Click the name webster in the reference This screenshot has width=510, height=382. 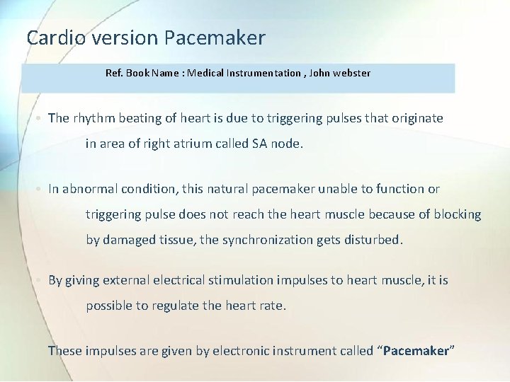click(349, 73)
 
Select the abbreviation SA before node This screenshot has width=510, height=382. click(260, 144)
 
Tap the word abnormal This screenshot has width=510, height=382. click(93, 189)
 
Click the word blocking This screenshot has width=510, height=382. click(457, 214)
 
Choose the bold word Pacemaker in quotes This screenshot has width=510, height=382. click(416, 351)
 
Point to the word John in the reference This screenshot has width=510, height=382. click(319, 73)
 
